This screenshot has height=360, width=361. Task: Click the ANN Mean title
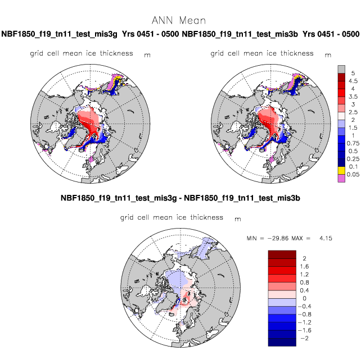pos(179,20)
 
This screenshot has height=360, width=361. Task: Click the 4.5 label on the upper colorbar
pos(353,81)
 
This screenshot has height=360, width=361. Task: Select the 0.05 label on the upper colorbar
pos(353,174)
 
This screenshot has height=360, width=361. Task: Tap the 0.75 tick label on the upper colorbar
pos(353,143)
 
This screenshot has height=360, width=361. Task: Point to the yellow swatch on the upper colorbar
pos(341,171)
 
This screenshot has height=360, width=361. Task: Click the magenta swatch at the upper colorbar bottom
pos(341,179)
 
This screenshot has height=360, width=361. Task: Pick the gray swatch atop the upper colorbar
pos(341,69)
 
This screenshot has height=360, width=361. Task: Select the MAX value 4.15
pos(326,238)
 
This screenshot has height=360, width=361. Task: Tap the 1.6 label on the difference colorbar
pos(304,266)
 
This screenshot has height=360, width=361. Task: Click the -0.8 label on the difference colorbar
pos(304,315)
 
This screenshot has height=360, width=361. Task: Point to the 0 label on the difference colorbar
pos(304,298)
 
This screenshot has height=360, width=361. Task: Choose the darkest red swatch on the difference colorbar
pos(282,254)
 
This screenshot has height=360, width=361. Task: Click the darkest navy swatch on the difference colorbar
pos(282,342)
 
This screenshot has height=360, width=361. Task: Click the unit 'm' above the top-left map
pos(147,55)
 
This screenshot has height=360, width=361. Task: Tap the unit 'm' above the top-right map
pos(328,55)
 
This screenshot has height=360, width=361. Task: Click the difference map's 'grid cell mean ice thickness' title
pos(172,217)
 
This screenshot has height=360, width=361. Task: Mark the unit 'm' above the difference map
pos(238,219)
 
